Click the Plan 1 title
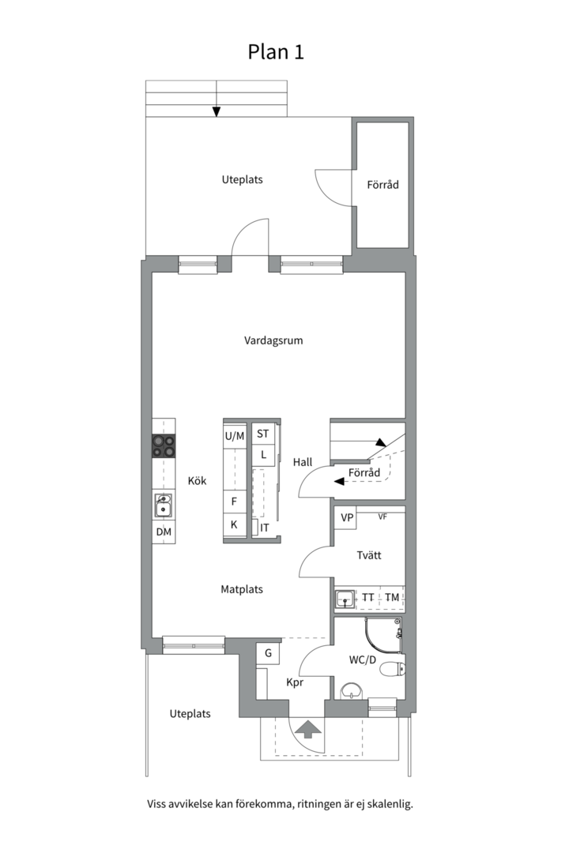[276, 51]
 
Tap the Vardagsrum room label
[273, 340]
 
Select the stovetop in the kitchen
[164, 445]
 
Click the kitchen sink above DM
[163, 506]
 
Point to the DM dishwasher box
[164, 532]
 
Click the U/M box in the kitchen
[235, 436]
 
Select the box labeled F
[235, 501]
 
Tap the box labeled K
[235, 525]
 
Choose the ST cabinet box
[263, 434]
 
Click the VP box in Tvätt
[346, 518]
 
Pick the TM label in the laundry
[391, 597]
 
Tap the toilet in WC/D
[392, 668]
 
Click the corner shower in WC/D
[382, 635]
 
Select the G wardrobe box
[268, 653]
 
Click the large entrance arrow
[307, 729]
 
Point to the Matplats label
[242, 589]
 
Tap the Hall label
[303, 462]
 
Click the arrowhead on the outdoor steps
[217, 111]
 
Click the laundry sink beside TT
[345, 599]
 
